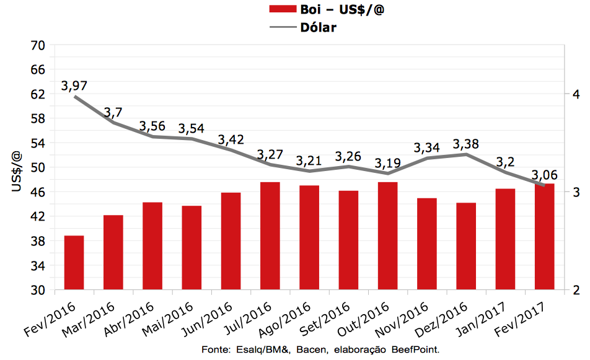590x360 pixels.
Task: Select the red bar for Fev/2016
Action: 74,263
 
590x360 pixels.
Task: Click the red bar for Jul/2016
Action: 270,235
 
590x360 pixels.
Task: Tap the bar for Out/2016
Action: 387,235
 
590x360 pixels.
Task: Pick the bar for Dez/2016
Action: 466,246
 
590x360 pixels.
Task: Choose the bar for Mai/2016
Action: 192,247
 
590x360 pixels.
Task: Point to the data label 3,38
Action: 466,144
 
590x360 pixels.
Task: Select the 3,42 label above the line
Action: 231,139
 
